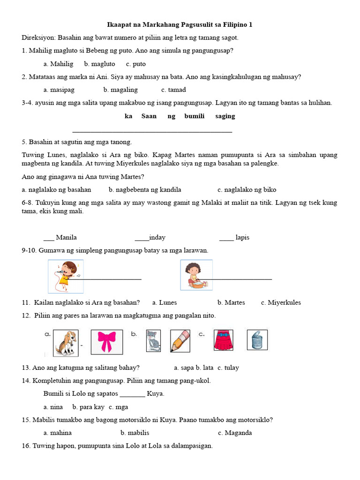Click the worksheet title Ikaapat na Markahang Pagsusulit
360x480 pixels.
[x=180, y=24]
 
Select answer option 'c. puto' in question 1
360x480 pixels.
[x=136, y=64]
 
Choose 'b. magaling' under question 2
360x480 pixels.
[x=120, y=90]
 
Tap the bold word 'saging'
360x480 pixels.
[x=225, y=116]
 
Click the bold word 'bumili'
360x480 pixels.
[x=195, y=116]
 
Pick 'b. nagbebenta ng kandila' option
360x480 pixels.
[x=145, y=190]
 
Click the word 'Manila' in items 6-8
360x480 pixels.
[x=66, y=238]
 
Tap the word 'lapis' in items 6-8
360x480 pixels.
[x=242, y=238]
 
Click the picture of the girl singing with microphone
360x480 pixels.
[x=66, y=276]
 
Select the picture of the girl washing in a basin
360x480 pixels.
[x=196, y=275]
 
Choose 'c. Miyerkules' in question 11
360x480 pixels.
[x=281, y=303]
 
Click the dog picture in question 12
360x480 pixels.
[x=65, y=343]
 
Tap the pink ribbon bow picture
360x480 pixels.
[x=106, y=342]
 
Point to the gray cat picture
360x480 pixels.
[x=153, y=341]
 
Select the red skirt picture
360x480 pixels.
[x=223, y=340]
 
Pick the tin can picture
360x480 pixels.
[x=257, y=340]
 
